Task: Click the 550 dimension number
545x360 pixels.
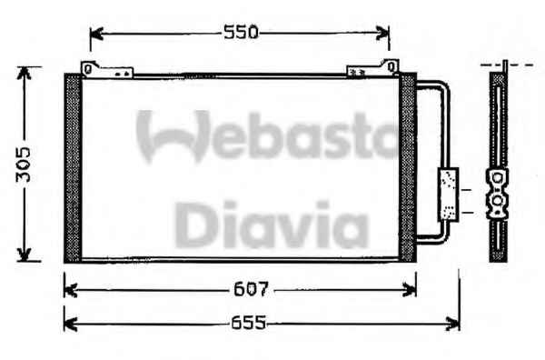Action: tap(241, 33)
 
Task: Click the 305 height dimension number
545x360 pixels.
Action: tap(24, 165)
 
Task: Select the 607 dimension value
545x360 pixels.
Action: tap(251, 289)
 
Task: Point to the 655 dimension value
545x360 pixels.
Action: tap(248, 323)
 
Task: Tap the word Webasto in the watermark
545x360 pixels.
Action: tap(268, 135)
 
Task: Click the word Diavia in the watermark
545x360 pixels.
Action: tap(272, 225)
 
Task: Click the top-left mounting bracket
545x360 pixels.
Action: tap(106, 69)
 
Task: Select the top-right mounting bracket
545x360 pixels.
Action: tap(373, 68)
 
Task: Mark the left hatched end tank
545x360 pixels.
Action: tap(73, 168)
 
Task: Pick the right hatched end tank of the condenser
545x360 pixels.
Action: tap(407, 167)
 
